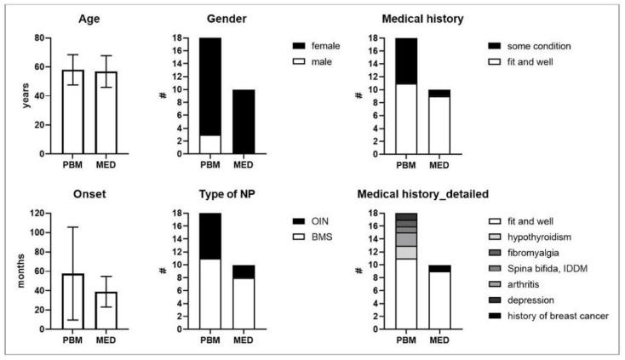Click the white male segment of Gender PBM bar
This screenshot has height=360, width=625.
(209, 144)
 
